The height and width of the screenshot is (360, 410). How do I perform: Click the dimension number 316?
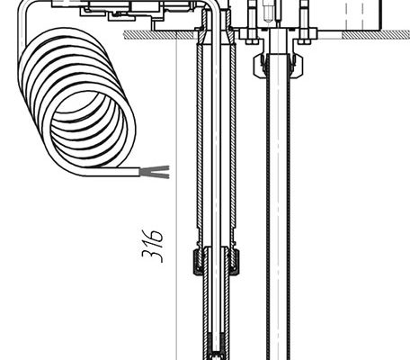(x=153, y=246)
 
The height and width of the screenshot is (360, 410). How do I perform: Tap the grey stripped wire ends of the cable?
(x=155, y=172)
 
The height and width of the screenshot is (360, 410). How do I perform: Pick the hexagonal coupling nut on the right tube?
(x=278, y=66)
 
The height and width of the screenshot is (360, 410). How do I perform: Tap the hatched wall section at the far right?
(x=376, y=35)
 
